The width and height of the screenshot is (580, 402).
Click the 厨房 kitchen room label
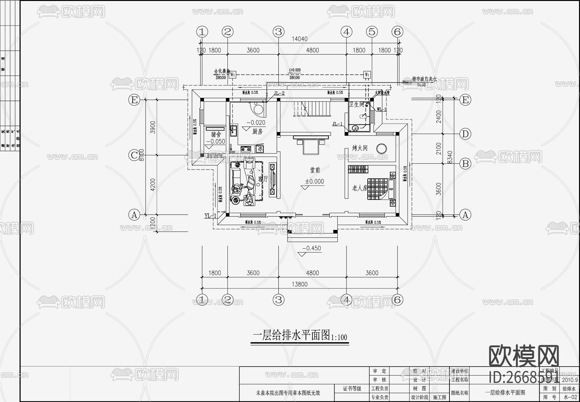[257, 131]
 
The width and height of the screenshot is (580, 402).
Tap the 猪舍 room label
[216, 134]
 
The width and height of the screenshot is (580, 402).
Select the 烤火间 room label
[360, 148]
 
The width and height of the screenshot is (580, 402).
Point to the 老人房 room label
[359, 188]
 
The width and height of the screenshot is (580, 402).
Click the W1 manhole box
[367, 75]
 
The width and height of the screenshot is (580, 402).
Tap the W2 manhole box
[233, 75]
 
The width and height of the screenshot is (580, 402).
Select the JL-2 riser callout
[279, 93]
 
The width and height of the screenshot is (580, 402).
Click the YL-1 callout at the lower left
[210, 216]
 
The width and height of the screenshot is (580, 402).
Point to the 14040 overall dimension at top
[299, 39]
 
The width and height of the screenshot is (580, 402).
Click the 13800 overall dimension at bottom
[299, 284]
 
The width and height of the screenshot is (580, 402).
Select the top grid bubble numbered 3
[278, 32]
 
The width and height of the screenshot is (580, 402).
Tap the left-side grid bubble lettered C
[134, 155]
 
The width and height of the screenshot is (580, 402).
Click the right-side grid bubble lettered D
[465, 134]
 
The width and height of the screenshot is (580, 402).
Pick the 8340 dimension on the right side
[450, 157]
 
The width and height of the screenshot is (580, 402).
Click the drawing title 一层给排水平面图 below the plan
[292, 335]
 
